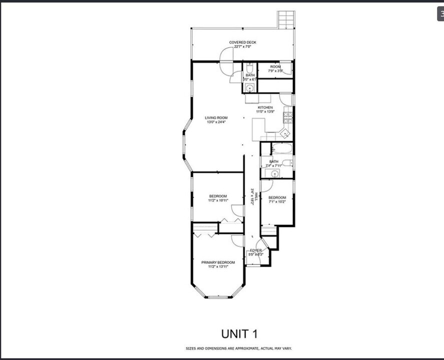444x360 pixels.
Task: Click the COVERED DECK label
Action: pos(243,42)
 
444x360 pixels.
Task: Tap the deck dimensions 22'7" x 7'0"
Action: pos(243,46)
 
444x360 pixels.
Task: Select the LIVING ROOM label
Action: pos(216,118)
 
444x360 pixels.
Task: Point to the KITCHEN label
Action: pos(265,107)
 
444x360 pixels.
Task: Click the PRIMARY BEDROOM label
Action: pos(218,262)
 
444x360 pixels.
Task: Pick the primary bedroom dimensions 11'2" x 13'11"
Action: pos(218,267)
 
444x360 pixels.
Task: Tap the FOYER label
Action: pos(256,250)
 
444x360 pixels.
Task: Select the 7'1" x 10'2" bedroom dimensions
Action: pos(277,201)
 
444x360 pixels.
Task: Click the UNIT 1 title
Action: pos(240,333)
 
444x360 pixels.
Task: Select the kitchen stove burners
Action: pos(288,117)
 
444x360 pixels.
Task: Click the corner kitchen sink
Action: pos(284,133)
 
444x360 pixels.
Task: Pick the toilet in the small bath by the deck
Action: pos(250,69)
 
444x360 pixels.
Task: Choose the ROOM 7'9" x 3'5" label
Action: pos(275,68)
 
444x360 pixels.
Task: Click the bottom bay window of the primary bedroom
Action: pos(218,297)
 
